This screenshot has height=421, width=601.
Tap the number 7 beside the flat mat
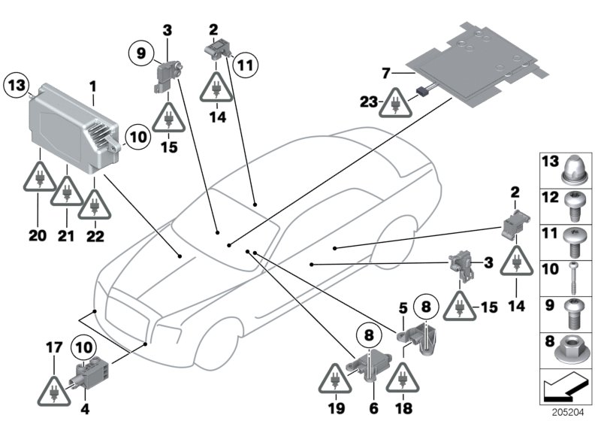coord(386,74)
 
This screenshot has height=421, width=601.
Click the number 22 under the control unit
coord(94,235)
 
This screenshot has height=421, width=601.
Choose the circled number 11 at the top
coord(244,65)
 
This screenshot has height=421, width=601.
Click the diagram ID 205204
coord(577,413)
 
